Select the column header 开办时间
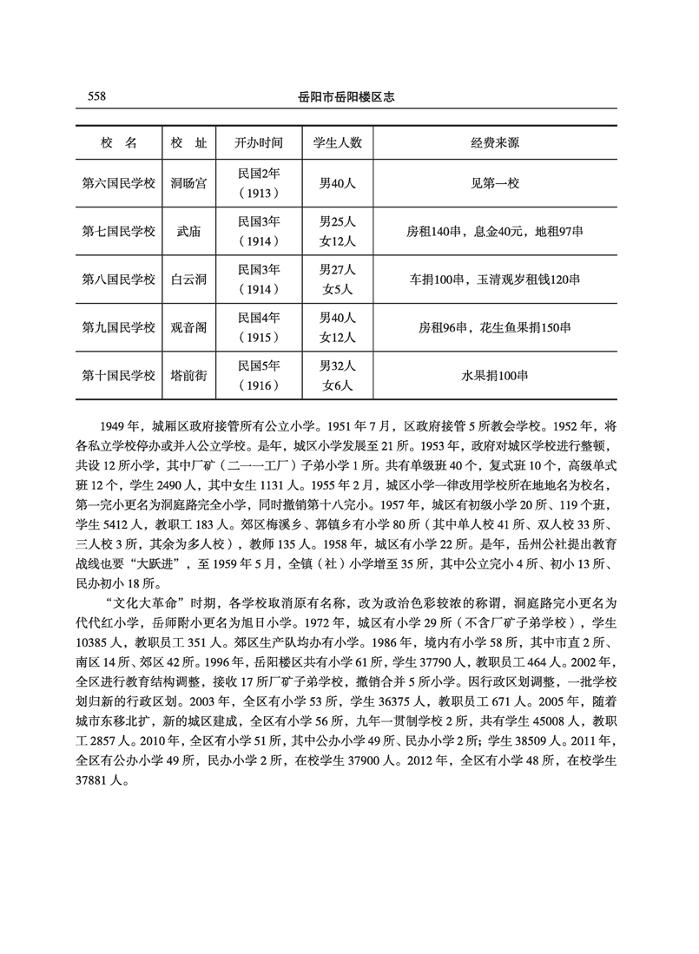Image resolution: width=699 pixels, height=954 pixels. [x=258, y=142]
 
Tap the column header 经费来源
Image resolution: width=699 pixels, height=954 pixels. [x=495, y=142]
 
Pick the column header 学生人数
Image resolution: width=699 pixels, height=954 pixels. [x=338, y=142]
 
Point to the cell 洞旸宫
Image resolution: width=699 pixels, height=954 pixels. [x=189, y=183]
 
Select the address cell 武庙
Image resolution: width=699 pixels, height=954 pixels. [x=189, y=231]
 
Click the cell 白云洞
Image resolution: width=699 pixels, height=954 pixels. [x=189, y=279]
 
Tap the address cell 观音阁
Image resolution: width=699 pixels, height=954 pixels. [x=189, y=327]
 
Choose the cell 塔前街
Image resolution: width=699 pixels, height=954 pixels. [x=189, y=375]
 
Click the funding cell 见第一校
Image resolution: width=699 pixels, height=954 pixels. [x=495, y=183]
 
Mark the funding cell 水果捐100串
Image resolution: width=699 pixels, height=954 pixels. [x=495, y=375]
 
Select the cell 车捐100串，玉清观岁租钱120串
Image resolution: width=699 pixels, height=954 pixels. [x=495, y=279]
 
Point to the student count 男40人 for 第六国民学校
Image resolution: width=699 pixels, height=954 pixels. [x=338, y=183]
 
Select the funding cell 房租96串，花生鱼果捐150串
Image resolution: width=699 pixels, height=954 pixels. [x=495, y=327]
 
